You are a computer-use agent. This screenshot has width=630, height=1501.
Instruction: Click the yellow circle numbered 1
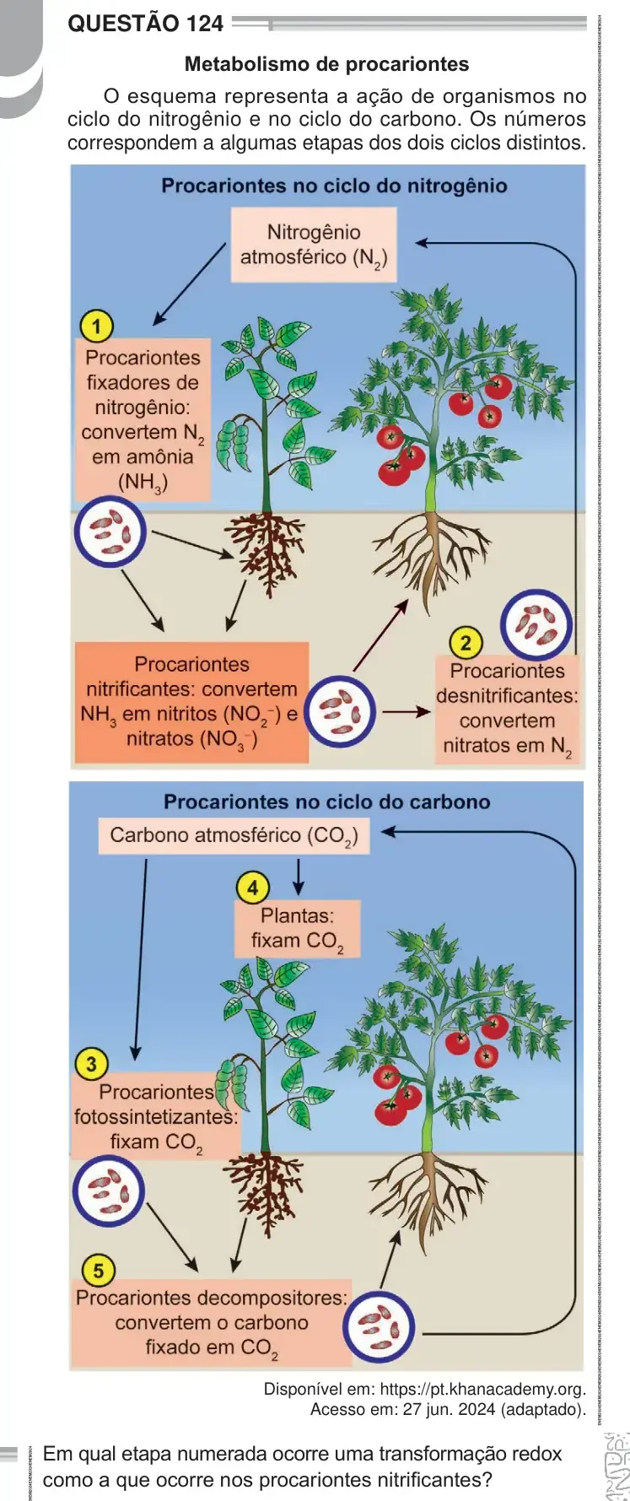(x=97, y=326)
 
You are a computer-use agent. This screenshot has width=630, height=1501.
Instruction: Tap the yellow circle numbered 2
(x=466, y=643)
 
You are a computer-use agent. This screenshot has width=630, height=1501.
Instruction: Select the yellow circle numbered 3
(x=92, y=1064)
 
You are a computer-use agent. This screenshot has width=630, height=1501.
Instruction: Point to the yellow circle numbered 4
(x=252, y=887)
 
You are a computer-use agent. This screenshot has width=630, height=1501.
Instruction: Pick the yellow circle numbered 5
(x=98, y=1271)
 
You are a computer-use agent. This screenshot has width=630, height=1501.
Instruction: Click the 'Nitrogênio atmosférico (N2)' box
(x=314, y=246)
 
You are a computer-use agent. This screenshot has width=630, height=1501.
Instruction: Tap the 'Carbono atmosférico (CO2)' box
(x=234, y=836)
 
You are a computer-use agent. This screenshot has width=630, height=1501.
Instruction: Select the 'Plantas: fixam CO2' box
(x=297, y=929)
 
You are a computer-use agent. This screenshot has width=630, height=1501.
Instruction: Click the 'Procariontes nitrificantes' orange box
(x=191, y=702)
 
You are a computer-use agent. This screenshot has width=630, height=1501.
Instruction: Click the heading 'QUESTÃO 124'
(x=145, y=23)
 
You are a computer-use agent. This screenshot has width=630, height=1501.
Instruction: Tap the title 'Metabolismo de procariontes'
(x=326, y=64)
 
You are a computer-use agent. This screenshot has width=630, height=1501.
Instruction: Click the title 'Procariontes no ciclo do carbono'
(x=326, y=802)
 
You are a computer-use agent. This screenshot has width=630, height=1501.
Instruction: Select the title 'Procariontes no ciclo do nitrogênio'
(x=334, y=186)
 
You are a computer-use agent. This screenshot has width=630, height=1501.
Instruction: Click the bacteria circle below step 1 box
(x=110, y=533)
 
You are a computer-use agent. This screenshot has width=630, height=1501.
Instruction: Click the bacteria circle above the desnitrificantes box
(x=536, y=625)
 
